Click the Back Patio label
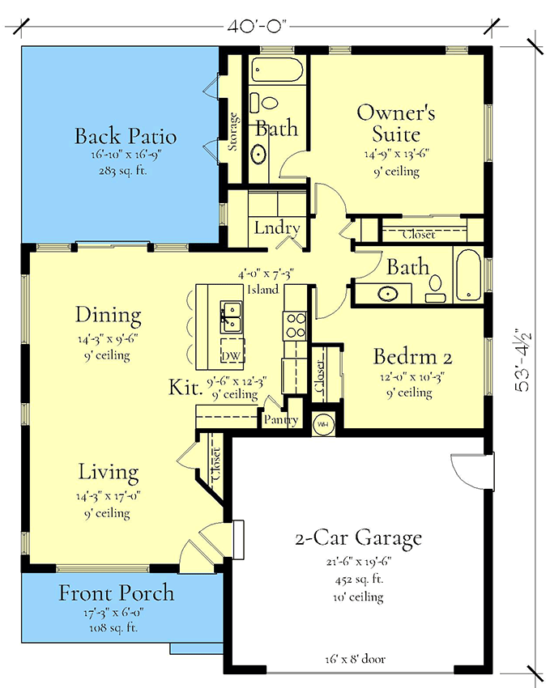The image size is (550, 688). [126, 135]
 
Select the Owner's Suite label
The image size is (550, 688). [396, 122]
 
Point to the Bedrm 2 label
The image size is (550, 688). [412, 356]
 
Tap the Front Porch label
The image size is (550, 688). [117, 593]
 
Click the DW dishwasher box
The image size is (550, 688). [230, 357]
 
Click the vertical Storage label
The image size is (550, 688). [233, 132]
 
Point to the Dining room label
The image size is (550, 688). [109, 315]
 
